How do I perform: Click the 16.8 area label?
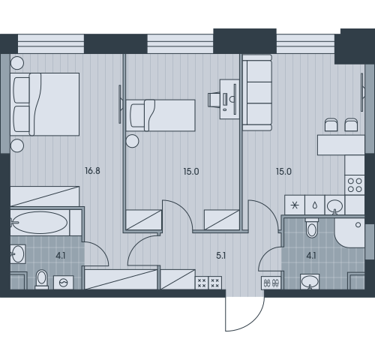tap(92, 171)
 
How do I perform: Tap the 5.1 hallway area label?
tap(221, 256)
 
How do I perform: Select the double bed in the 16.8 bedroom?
tap(45, 104)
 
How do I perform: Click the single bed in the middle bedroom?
tap(160, 115)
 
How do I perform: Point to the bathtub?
tap(40, 223)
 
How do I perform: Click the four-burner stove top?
tap(355, 185)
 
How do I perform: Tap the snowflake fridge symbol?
tap(295, 205)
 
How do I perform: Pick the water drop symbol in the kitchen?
tap(315, 205)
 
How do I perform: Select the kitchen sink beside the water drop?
tap(334, 206)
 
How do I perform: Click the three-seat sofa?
tap(257, 93)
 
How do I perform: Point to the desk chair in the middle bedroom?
tap(214, 99)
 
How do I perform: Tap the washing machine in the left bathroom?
tap(64, 283)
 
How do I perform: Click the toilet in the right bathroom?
tap(312, 228)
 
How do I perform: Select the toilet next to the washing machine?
tap(41, 280)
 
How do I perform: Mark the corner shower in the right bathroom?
tap(349, 233)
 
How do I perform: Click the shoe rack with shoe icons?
tap(271, 283)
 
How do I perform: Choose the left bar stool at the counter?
tap(331, 124)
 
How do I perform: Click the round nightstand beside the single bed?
tap(132, 141)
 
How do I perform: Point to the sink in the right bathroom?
tap(310, 282)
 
